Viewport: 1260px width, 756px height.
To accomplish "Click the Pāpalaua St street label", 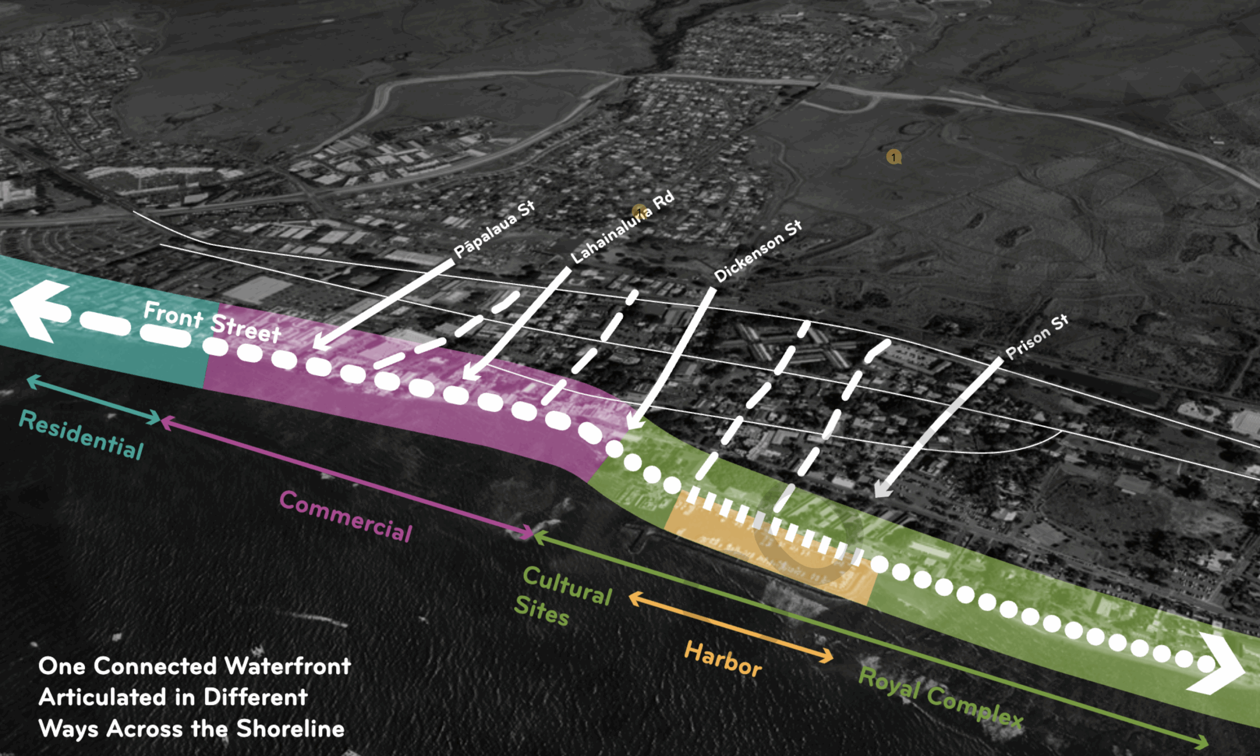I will coord(494,229).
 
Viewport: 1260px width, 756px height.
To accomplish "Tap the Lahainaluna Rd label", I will coord(622,227).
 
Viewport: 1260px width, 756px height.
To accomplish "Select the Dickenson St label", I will coord(757,251).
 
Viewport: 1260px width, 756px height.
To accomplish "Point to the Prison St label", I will coord(1037,337).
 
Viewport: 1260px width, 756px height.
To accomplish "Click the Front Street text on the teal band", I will coord(212,322).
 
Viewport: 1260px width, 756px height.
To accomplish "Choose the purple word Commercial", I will coord(346,516).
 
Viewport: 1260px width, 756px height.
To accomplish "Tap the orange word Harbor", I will coord(723,659).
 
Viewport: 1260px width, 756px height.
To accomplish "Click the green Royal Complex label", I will coord(940,697).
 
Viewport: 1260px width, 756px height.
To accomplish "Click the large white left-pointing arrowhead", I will coord(38,310).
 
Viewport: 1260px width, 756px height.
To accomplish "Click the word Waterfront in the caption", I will coord(287,666).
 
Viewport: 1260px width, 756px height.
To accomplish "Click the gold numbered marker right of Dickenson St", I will coord(893,157).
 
